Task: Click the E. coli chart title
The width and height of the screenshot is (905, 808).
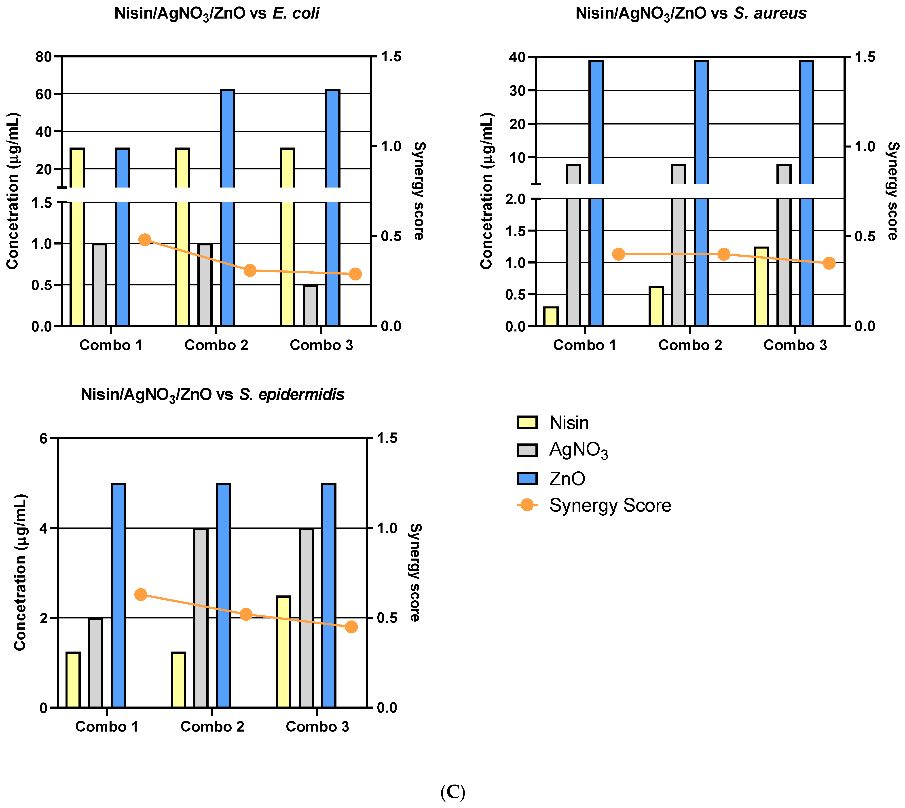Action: (217, 13)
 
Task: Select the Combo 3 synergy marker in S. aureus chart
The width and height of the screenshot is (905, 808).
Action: (829, 263)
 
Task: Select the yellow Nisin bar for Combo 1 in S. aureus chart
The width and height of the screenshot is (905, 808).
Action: (551, 316)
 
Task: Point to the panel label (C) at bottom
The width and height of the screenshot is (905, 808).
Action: (452, 792)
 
